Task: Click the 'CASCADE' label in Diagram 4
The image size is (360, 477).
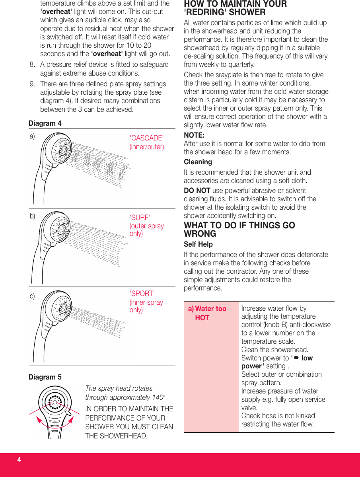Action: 146,138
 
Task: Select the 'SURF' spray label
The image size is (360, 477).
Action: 140,218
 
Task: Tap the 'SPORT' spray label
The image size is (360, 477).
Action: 142,294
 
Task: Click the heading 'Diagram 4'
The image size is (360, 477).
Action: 45,123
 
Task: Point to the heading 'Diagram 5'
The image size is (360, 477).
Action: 45,377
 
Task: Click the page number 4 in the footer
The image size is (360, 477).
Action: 19,460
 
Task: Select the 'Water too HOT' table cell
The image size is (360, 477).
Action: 210,313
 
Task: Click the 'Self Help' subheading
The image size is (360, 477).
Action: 198,244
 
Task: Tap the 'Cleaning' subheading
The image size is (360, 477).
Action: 198,162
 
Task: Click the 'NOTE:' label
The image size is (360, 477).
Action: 194,135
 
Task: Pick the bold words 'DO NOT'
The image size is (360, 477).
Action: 197,191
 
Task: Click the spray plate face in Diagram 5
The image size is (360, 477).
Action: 55,402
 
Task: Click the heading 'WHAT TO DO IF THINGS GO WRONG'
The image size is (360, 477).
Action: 239,230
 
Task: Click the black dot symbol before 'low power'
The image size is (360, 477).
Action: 296,358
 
